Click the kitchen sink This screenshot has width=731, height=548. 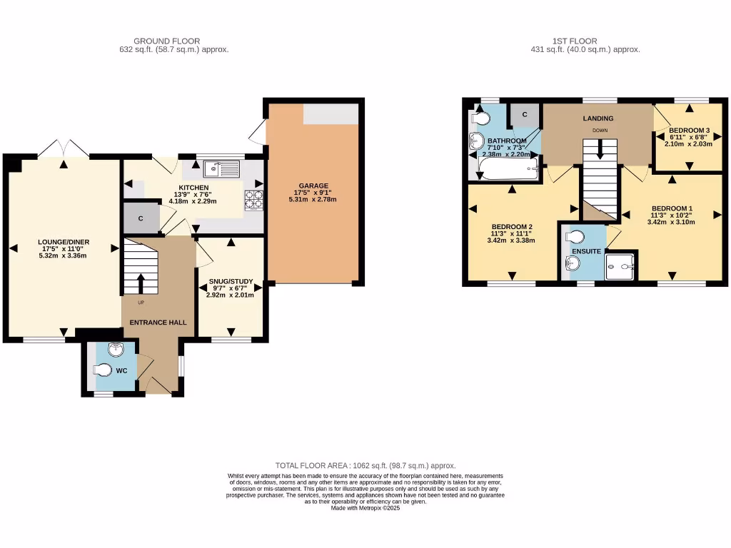coord(221,168)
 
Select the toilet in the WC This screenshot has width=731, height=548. coord(103,370)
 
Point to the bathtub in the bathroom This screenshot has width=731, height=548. coord(508,168)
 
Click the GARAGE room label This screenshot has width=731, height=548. coord(313,186)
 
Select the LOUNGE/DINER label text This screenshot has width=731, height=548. coord(64,242)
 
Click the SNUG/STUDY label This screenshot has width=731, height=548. coord(225,281)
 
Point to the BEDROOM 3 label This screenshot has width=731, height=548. coord(689,131)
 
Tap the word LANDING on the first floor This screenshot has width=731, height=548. coord(598,118)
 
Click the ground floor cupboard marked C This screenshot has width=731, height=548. coord(141,218)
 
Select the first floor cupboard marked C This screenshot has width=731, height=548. coord(524,114)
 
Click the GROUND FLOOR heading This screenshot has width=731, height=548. coord(166,41)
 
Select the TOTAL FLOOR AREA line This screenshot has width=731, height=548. coord(365,465)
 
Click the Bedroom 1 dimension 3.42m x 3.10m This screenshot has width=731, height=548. coord(671,222)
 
